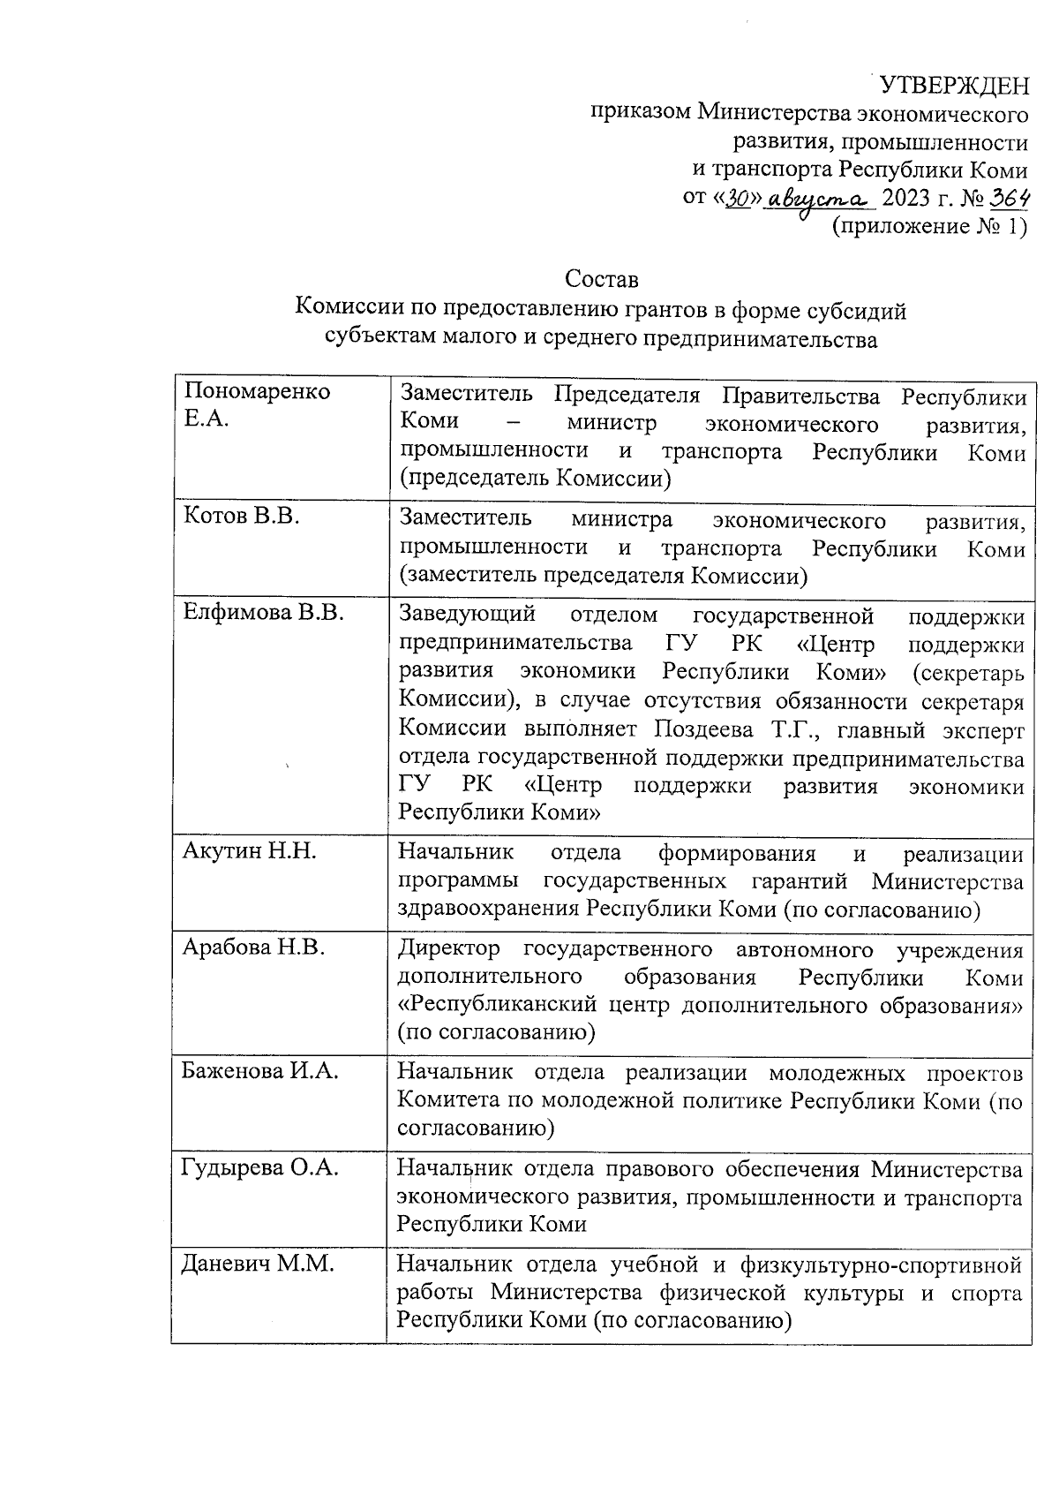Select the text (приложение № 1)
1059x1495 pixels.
point(930,227)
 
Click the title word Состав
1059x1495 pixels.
point(601,280)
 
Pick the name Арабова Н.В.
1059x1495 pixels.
point(253,948)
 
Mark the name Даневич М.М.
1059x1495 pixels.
point(258,1264)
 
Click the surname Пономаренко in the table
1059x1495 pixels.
point(256,391)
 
